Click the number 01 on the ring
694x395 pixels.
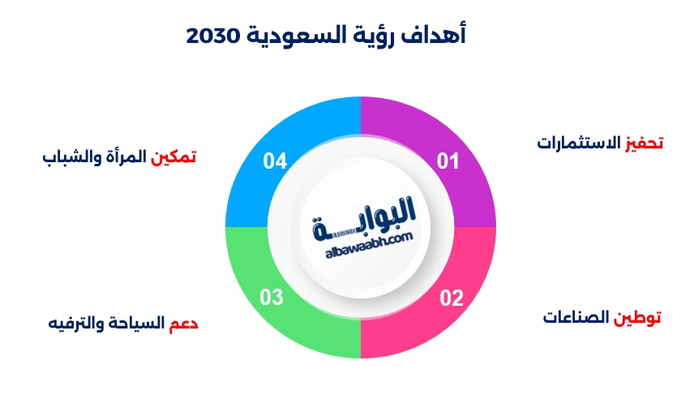point(448,161)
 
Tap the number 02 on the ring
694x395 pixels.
point(452,297)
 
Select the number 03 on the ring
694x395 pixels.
point(272,297)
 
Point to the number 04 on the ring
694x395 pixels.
point(276,161)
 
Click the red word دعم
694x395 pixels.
point(184,324)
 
